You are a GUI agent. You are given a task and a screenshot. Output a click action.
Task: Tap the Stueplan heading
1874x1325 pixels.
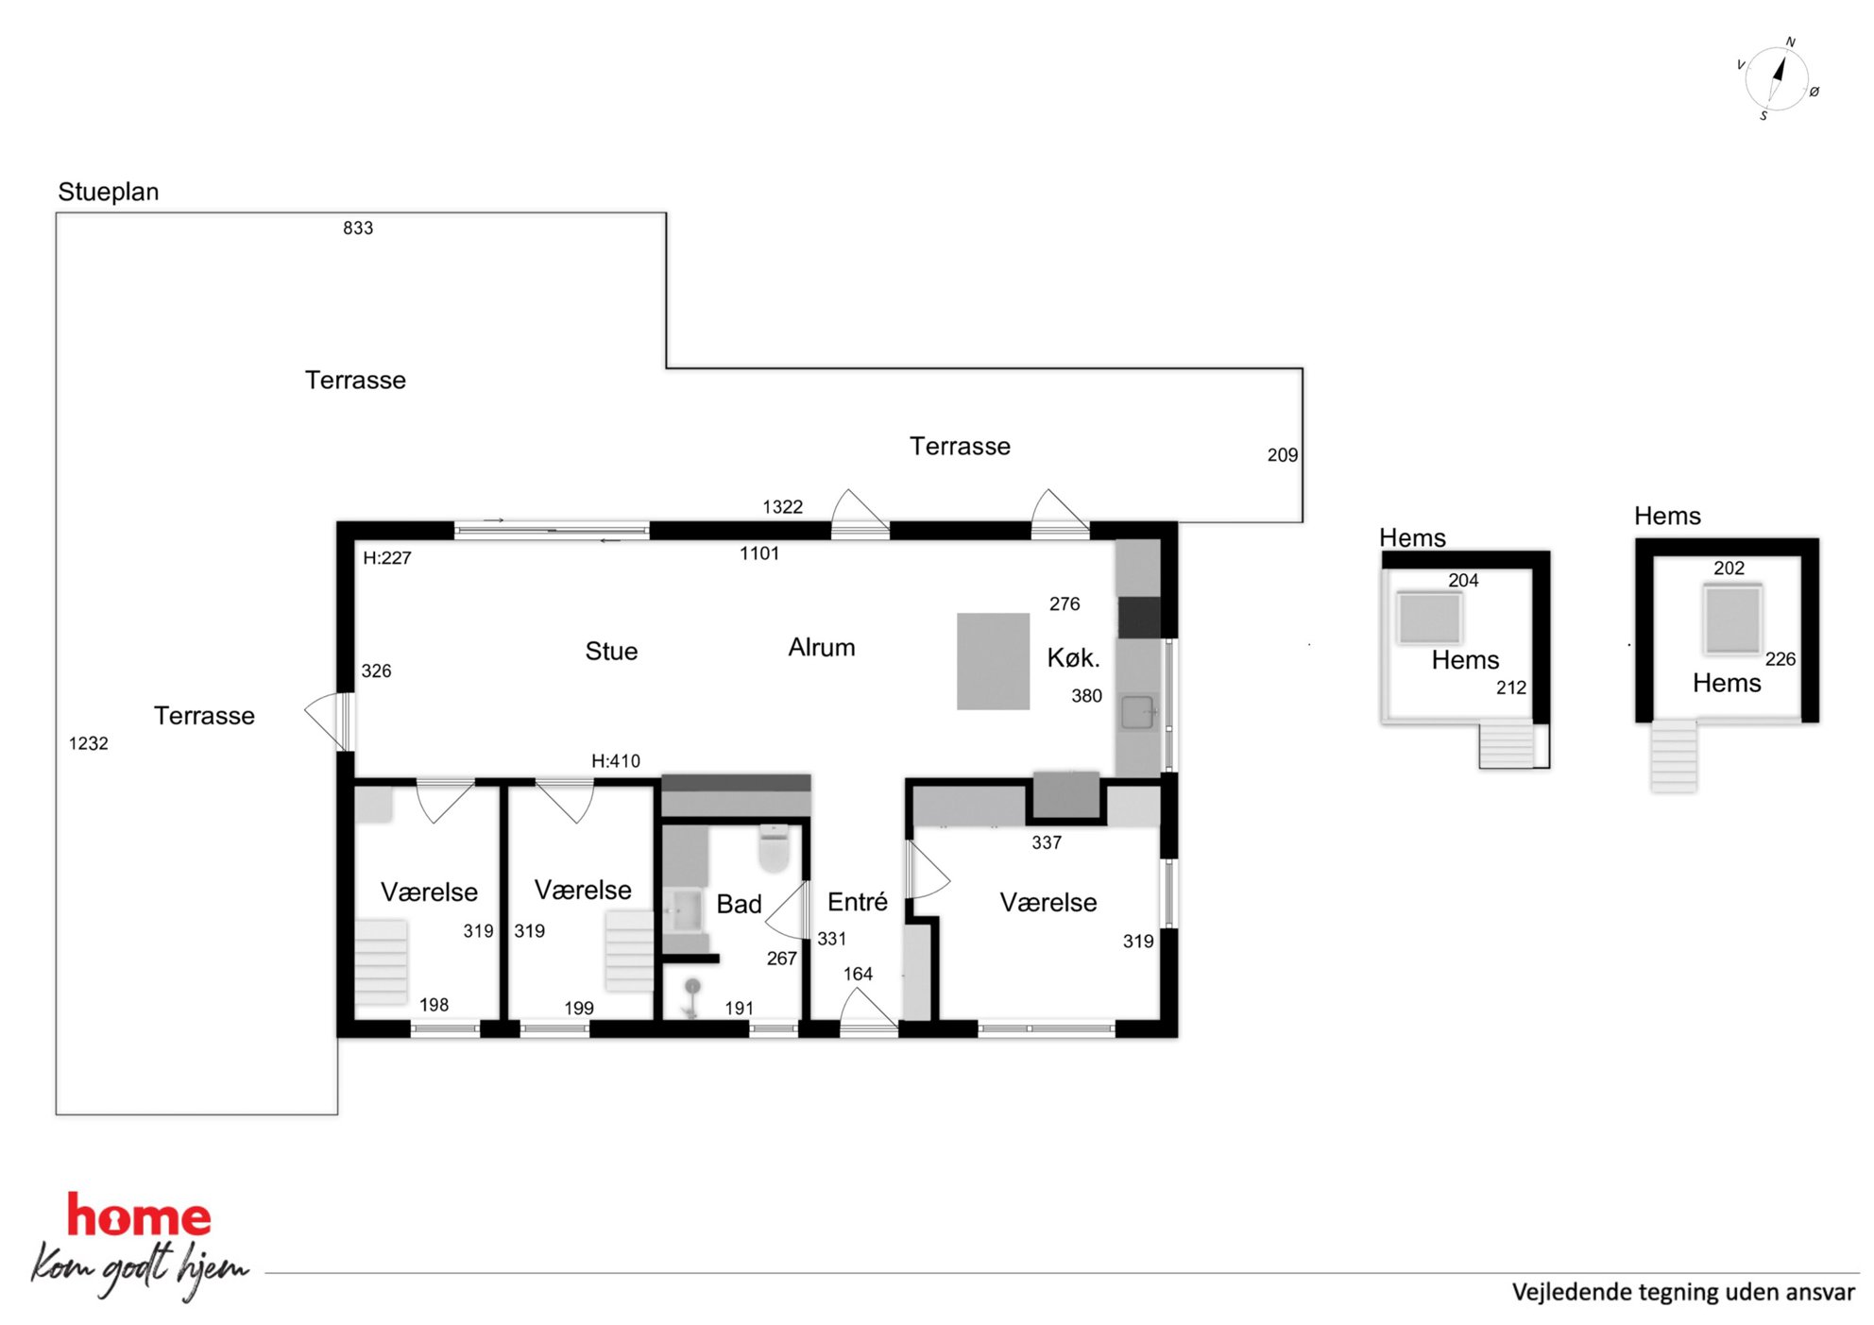pos(109,192)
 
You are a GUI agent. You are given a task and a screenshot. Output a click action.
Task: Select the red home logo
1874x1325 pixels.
pos(139,1216)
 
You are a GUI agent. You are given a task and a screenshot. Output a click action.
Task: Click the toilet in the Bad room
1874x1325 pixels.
pos(774,848)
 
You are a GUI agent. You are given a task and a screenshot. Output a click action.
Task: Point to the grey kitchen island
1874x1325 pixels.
pos(993,661)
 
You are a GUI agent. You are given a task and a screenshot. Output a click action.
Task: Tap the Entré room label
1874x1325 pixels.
pos(857,902)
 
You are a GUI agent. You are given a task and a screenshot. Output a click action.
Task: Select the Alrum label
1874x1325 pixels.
pos(822,648)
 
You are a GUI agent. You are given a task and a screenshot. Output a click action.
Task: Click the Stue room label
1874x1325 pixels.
pos(611,651)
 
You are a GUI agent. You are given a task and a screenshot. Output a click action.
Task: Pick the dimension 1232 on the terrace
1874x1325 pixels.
pos(89,743)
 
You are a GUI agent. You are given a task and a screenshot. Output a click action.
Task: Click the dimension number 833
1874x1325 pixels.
pos(358,228)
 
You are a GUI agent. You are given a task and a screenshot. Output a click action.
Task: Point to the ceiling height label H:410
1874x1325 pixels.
pos(616,760)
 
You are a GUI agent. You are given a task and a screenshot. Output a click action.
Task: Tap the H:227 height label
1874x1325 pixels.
pos(387,558)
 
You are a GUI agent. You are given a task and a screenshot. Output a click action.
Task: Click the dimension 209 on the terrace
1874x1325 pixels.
pos(1283,455)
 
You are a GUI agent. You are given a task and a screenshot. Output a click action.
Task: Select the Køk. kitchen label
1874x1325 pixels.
pos(1074,657)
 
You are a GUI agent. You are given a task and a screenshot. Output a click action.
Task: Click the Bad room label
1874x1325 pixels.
pos(739,904)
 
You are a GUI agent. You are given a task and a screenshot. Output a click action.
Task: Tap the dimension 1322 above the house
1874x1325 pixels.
pos(783,507)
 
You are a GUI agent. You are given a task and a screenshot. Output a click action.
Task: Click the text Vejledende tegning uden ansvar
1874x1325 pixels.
pos(1683,1292)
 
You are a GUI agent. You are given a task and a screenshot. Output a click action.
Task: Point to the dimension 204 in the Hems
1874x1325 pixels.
pos(1463,581)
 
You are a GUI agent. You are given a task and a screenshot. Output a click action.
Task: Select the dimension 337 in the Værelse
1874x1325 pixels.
pos(1047,842)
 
